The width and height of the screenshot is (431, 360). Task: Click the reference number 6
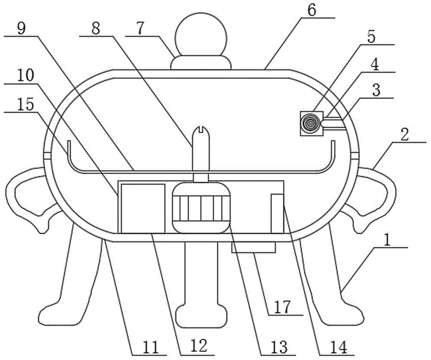[x=312, y=10]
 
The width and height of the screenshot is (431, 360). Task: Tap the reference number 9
[x=21, y=29]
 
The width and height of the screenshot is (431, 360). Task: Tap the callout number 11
[x=150, y=347]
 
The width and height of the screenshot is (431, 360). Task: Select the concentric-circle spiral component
[x=311, y=123]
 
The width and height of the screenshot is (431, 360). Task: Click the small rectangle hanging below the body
[x=253, y=247]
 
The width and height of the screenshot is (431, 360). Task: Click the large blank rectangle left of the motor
[x=143, y=208]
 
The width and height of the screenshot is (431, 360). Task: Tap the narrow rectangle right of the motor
[x=277, y=213]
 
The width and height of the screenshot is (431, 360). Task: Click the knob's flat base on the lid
[x=201, y=62]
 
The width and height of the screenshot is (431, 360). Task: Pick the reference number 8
[x=96, y=28]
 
